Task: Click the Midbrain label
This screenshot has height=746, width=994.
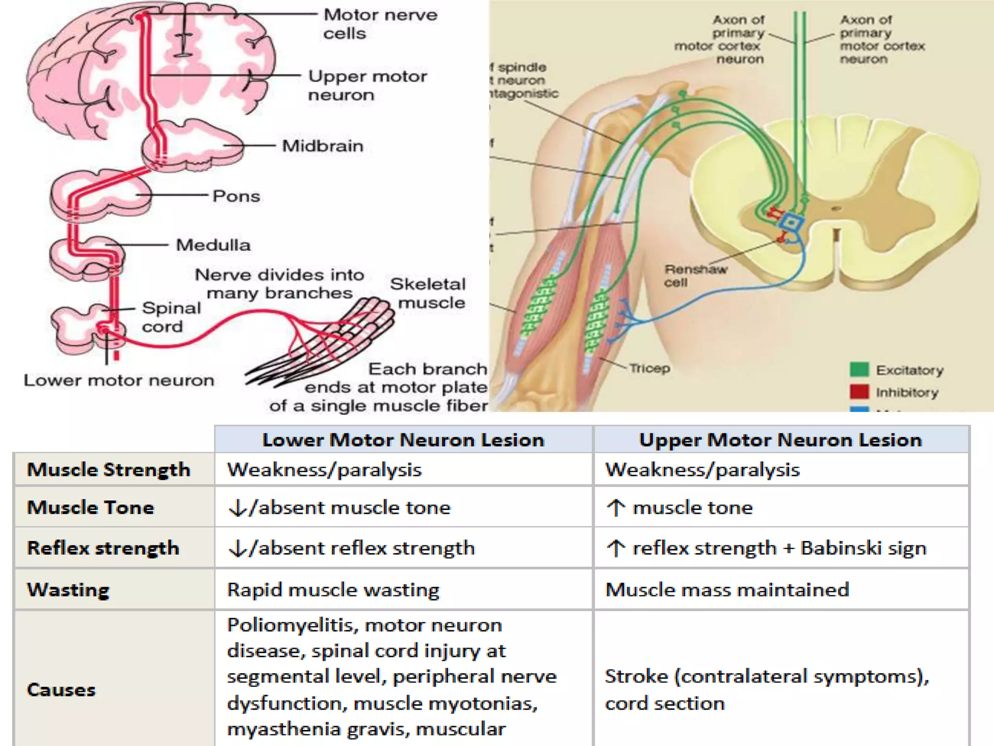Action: click(323, 146)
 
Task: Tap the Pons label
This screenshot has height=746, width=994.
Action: click(236, 196)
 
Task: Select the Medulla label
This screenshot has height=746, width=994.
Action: click(213, 245)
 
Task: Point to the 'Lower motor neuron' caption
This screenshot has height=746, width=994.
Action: click(119, 380)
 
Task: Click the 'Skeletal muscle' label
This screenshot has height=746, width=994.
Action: click(429, 293)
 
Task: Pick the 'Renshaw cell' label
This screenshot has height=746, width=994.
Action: click(695, 275)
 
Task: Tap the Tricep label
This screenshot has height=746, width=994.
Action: click(649, 368)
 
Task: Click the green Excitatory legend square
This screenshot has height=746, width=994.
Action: click(859, 370)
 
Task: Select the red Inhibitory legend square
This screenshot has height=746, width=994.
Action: click(859, 392)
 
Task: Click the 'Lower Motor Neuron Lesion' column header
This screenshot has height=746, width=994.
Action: click(403, 440)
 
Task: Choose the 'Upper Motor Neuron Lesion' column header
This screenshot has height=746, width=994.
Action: click(780, 440)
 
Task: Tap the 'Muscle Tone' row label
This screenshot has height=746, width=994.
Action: click(91, 508)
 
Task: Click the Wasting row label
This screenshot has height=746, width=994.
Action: click(68, 590)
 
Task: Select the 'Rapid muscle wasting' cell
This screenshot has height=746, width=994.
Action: click(333, 590)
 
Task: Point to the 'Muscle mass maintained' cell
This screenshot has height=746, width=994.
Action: click(727, 590)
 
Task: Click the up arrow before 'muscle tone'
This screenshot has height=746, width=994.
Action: click(616, 508)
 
